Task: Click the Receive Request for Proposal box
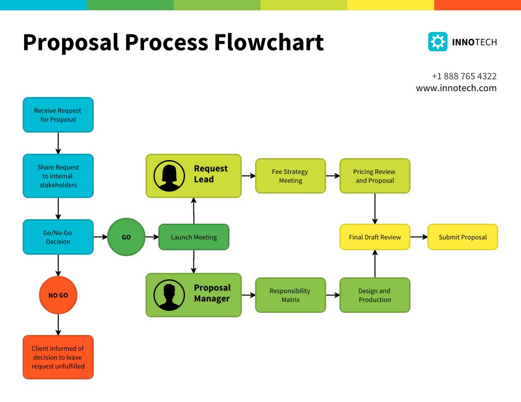pyautogui.click(x=58, y=115)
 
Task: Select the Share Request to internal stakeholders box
pyautogui.click(x=58, y=176)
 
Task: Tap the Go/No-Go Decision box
pyautogui.click(x=58, y=237)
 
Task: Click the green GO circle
pyautogui.click(x=126, y=237)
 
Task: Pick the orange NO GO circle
pyautogui.click(x=58, y=295)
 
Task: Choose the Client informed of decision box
pyautogui.click(x=58, y=357)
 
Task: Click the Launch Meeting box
pyautogui.click(x=193, y=237)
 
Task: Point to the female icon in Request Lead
pyautogui.click(x=169, y=176)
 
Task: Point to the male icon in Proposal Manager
pyautogui.click(x=169, y=295)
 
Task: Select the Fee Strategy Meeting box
pyautogui.click(x=290, y=176)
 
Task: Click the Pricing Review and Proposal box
pyautogui.click(x=374, y=176)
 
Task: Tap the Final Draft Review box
pyautogui.click(x=374, y=237)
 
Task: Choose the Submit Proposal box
pyautogui.click(x=462, y=237)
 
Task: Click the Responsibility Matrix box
pyautogui.click(x=290, y=295)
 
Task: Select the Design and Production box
pyautogui.click(x=374, y=295)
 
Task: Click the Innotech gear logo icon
pyautogui.click(x=437, y=42)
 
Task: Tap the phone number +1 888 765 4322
pyautogui.click(x=464, y=76)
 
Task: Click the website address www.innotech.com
pyautogui.click(x=456, y=88)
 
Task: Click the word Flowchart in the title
pyautogui.click(x=268, y=42)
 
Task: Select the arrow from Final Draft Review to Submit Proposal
pyautogui.click(x=418, y=237)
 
